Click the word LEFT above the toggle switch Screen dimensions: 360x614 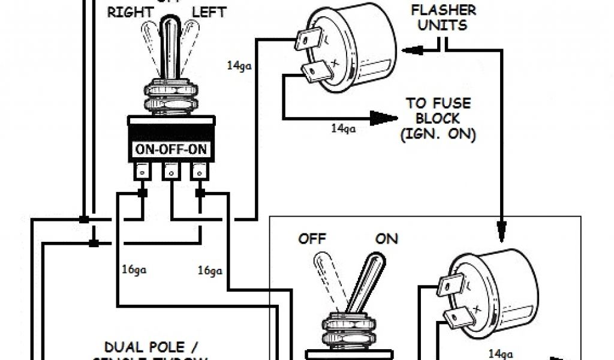pyautogui.click(x=208, y=13)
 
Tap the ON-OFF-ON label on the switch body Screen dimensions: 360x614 pyautogui.click(x=171, y=150)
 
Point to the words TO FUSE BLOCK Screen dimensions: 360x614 pyautogui.click(x=438, y=111)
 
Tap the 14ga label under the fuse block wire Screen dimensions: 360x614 pyautogui.click(x=343, y=128)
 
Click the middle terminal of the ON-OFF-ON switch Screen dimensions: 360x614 pyautogui.click(x=171, y=173)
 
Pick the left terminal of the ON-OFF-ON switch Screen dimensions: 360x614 pyautogui.click(x=142, y=173)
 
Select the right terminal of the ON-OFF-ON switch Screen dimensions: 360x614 pyautogui.click(x=200, y=173)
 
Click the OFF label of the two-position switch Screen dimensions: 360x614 pyautogui.click(x=312, y=239)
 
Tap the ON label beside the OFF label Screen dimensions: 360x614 pyautogui.click(x=386, y=239)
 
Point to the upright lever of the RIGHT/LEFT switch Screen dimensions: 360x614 pyautogui.click(x=170, y=48)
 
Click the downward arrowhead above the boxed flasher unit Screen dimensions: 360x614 pyautogui.click(x=501, y=226)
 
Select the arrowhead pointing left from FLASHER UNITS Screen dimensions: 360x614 pyautogui.click(x=414, y=50)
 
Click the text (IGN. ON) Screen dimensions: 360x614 pyautogui.click(x=438, y=135)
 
